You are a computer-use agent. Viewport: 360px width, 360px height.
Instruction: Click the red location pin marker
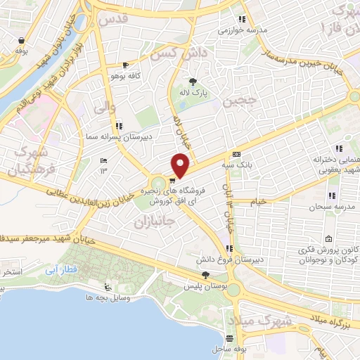181,165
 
